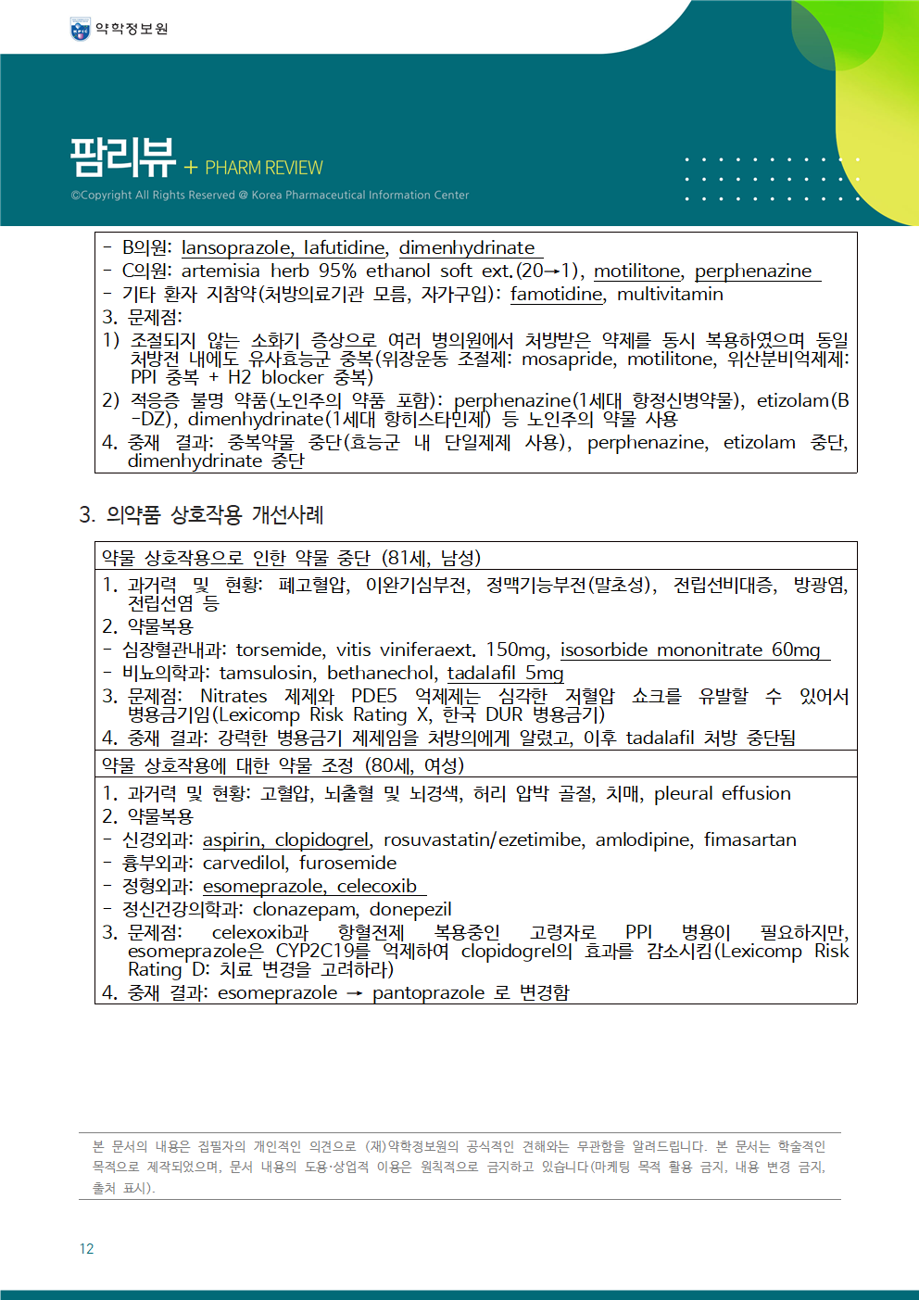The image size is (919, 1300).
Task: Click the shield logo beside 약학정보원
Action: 81,30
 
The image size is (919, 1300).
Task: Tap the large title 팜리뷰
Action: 123,158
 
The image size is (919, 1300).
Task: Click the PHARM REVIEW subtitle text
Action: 263,168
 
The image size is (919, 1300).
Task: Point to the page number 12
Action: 86,1249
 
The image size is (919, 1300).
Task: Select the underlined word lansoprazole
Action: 236,247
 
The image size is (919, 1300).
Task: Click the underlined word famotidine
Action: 556,294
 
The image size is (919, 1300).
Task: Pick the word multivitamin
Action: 670,294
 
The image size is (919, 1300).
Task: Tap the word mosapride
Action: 567,359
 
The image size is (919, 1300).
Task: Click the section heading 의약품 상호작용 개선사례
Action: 214,514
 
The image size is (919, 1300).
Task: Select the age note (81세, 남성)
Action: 431,558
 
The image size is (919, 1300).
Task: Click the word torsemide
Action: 279,650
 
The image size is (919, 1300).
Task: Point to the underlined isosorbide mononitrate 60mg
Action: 690,650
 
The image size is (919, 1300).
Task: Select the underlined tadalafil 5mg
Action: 505,673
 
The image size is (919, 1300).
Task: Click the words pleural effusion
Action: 722,793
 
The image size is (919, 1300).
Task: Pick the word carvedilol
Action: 245,863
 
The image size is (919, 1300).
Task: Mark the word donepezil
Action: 410,909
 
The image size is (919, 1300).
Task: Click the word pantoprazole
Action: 428,992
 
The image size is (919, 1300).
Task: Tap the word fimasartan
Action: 749,839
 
